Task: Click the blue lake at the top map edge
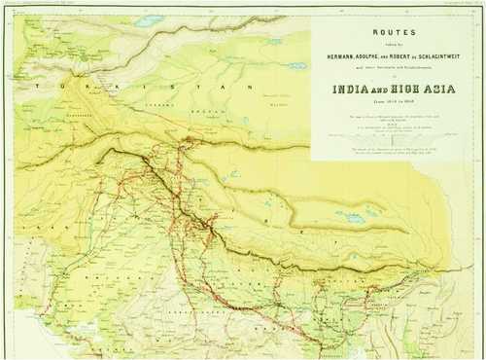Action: (x=151, y=19)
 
